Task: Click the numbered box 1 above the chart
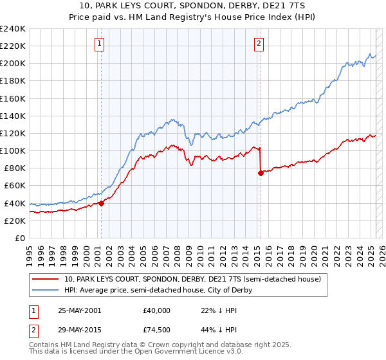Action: coord(100,44)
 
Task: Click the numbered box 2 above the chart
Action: coord(259,44)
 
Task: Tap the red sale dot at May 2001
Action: coord(101,203)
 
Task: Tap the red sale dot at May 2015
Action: coord(261,173)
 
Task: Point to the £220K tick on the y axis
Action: coord(13,46)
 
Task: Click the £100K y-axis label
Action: coord(13,150)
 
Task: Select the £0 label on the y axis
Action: coord(20,238)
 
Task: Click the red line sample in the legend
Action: coord(46,279)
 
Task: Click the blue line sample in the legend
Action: coord(46,290)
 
